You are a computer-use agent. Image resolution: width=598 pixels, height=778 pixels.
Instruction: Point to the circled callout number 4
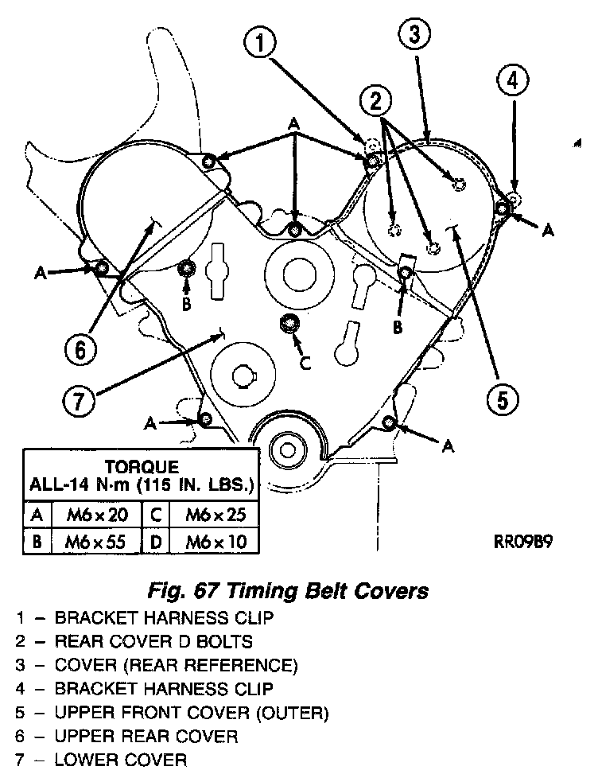coord(513,82)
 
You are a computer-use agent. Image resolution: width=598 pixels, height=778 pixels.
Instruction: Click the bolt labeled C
coord(288,324)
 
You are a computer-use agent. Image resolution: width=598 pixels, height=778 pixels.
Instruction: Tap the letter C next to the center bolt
coord(305,362)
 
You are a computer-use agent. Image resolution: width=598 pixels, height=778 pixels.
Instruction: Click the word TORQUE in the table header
coord(142,467)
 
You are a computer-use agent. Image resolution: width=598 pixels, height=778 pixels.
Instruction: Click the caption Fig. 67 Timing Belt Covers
coord(288,591)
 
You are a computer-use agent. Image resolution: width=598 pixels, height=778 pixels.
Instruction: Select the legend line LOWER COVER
coord(120,760)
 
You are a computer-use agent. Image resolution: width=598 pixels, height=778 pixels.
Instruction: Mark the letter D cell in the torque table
coord(157,543)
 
